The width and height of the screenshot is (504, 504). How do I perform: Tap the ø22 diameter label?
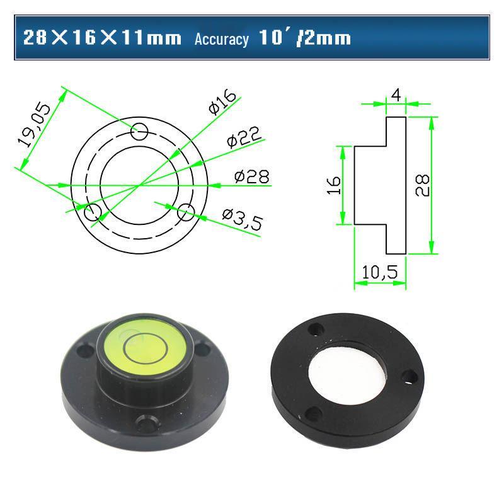point(243,137)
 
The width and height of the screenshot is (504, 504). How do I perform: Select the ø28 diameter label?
point(251,177)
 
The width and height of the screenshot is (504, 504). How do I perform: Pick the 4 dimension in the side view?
point(396,94)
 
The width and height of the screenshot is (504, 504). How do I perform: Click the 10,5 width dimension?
point(379,273)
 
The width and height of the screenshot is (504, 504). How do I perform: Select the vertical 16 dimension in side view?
point(334,185)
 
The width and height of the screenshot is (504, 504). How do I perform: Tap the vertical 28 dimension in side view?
point(423,185)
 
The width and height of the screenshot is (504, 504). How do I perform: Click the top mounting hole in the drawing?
point(140,131)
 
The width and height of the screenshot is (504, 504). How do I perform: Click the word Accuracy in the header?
point(221,39)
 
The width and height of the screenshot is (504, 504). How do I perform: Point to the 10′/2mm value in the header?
point(304,38)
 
